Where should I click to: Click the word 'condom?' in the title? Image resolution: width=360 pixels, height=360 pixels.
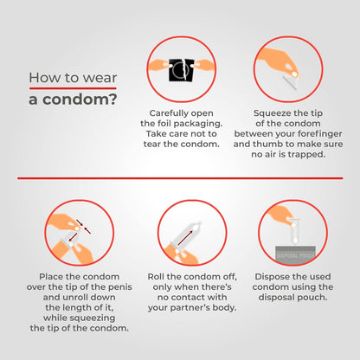tap(80, 100)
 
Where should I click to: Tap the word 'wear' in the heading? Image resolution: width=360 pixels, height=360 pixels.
tap(100, 78)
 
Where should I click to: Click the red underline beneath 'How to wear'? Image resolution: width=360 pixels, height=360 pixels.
tap(73, 88)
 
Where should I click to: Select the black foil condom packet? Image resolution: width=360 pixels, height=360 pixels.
tap(181, 70)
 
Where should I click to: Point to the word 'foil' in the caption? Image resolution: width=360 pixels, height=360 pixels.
tap(164, 124)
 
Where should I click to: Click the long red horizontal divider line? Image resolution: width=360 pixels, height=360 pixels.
tap(180, 178)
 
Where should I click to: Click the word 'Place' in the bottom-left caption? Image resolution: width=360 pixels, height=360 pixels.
tap(51, 277)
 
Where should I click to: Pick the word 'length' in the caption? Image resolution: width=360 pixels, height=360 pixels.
tap(80, 308)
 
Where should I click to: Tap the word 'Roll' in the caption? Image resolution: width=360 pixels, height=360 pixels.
tap(156, 277)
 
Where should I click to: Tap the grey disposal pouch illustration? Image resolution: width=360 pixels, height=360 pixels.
tap(296, 254)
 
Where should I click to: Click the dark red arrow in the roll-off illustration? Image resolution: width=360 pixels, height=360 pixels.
tap(184, 237)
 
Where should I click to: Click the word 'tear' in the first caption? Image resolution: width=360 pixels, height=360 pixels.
tap(152, 145)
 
